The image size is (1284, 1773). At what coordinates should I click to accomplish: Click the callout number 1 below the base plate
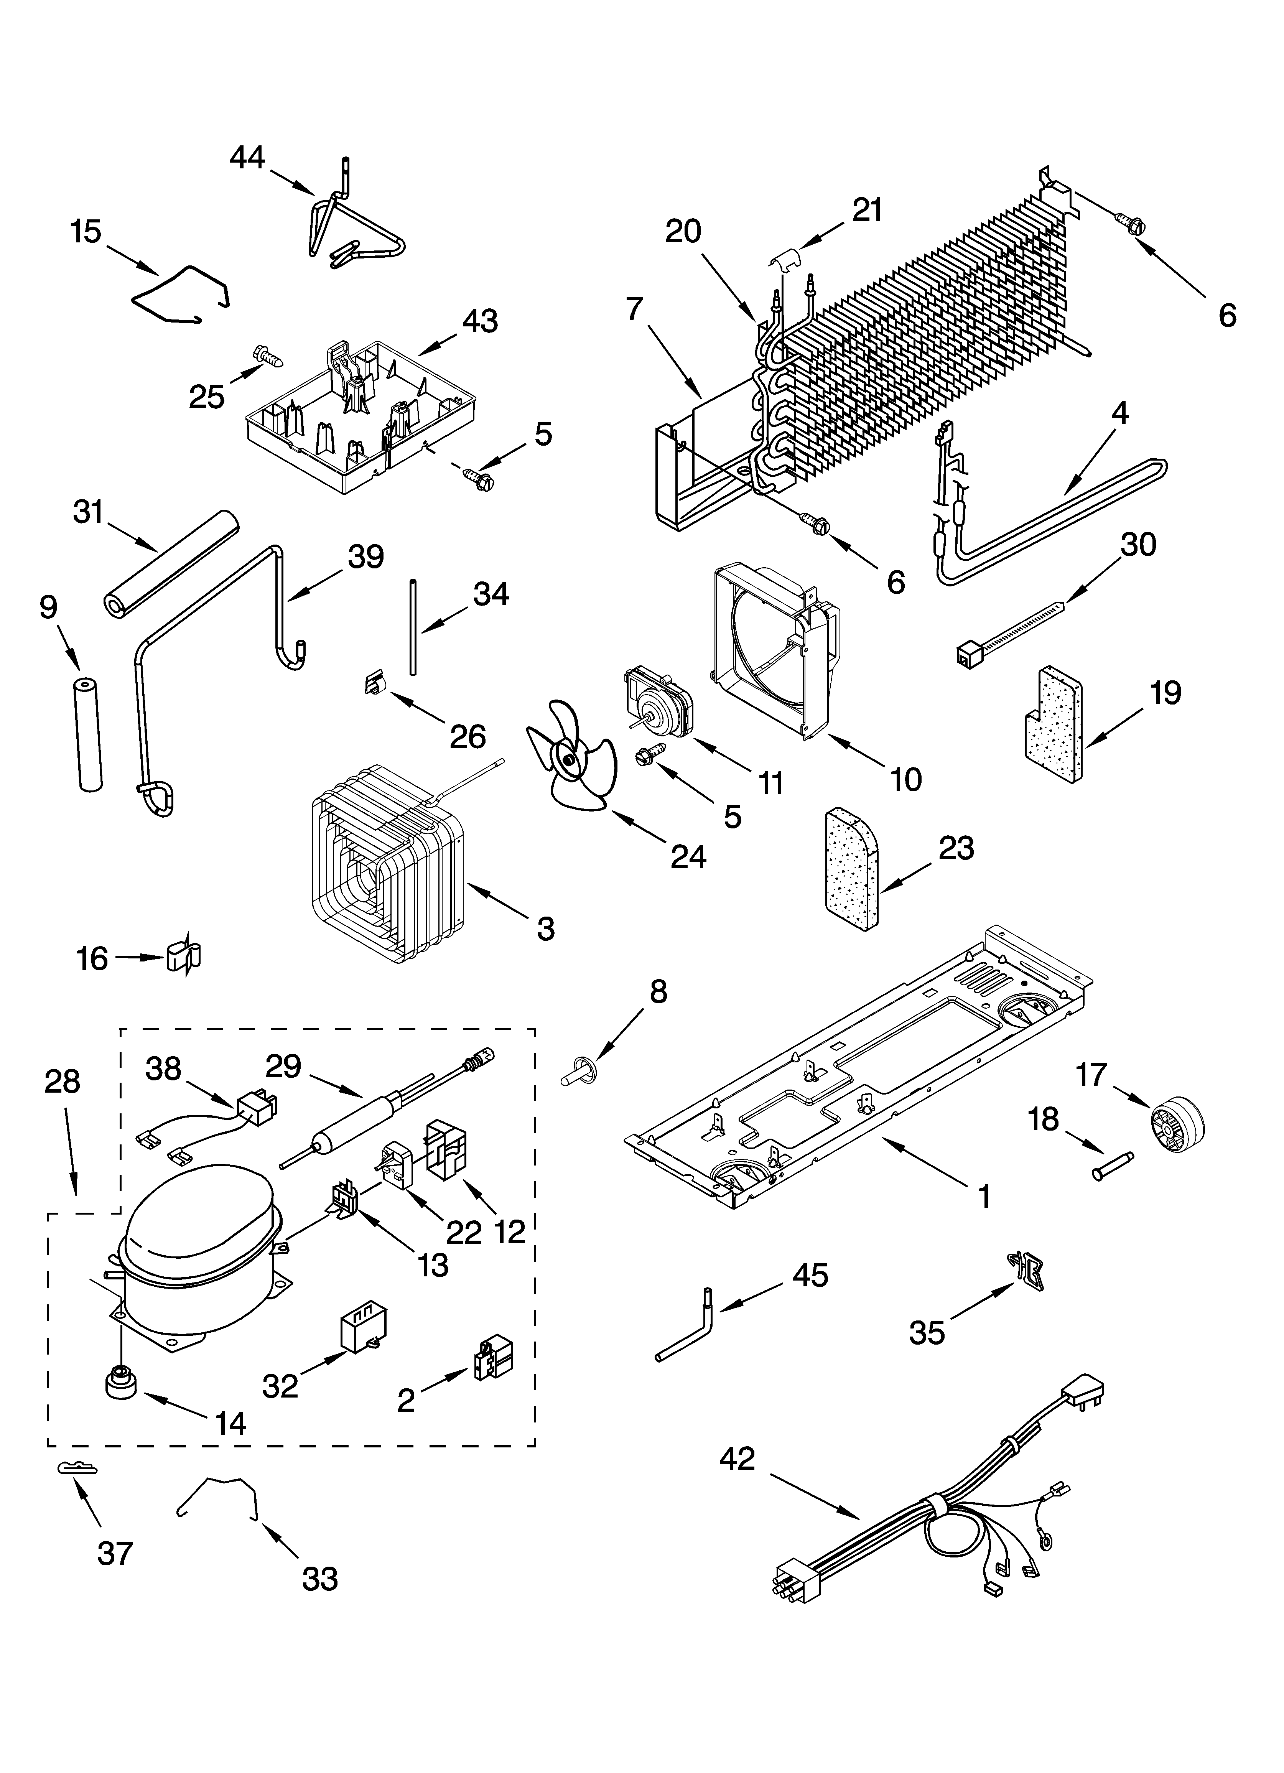coord(984,1196)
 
